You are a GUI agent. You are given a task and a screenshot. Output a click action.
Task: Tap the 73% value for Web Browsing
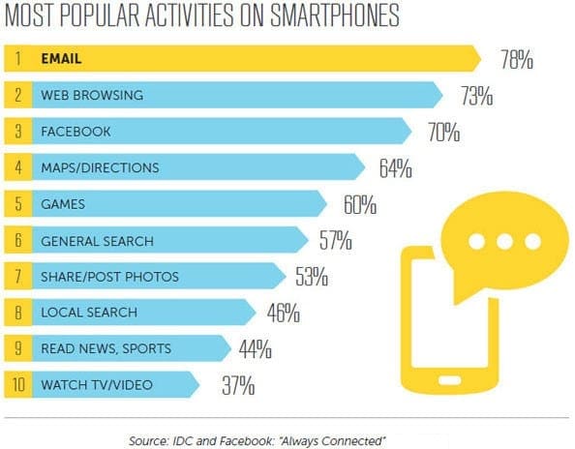coord(476,96)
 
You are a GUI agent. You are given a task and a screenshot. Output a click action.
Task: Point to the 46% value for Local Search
coord(281,314)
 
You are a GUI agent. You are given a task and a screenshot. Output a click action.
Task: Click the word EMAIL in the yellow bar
coord(62,59)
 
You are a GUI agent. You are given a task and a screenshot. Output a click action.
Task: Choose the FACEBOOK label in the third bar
coord(76,132)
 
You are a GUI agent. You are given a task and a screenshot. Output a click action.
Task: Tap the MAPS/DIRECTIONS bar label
coord(99,167)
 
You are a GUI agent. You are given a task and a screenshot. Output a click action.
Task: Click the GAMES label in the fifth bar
coord(64,204)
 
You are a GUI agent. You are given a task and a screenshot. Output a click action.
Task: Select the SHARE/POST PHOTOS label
coord(109,276)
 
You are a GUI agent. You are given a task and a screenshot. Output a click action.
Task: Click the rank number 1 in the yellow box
coord(17,59)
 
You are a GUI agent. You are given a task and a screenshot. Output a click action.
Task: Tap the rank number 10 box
coord(17,385)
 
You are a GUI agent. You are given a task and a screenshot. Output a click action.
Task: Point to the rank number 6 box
coord(17,240)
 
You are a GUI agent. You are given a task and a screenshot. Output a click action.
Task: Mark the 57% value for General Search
coord(335,241)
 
